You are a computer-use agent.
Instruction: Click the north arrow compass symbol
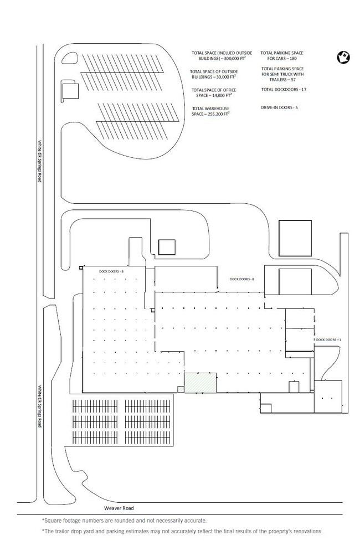click(x=343, y=57)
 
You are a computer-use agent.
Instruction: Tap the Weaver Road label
click(x=119, y=508)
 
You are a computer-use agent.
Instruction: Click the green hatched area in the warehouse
click(x=200, y=383)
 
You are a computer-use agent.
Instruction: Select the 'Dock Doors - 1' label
click(x=328, y=339)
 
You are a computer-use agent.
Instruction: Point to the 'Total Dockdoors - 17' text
click(x=284, y=90)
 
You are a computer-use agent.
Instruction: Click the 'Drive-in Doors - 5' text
click(x=280, y=107)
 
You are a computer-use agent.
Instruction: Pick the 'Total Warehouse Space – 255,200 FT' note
click(x=210, y=111)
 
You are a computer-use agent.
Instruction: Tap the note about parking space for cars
click(x=282, y=56)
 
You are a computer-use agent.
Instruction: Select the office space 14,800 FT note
click(x=214, y=93)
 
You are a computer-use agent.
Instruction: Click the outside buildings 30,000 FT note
click(x=214, y=74)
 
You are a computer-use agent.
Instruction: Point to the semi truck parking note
click(x=282, y=74)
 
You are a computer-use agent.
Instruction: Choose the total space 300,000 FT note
click(x=222, y=56)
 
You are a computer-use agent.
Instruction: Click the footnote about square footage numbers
click(x=124, y=521)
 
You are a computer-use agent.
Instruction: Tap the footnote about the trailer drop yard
click(x=182, y=532)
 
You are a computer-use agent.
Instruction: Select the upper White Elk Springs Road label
click(x=40, y=161)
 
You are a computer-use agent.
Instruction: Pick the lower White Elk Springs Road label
click(x=40, y=406)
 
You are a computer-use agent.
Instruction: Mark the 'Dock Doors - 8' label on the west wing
click(x=111, y=271)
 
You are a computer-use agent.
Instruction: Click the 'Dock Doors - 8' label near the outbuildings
click(x=242, y=279)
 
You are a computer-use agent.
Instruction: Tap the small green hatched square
click(x=181, y=389)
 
